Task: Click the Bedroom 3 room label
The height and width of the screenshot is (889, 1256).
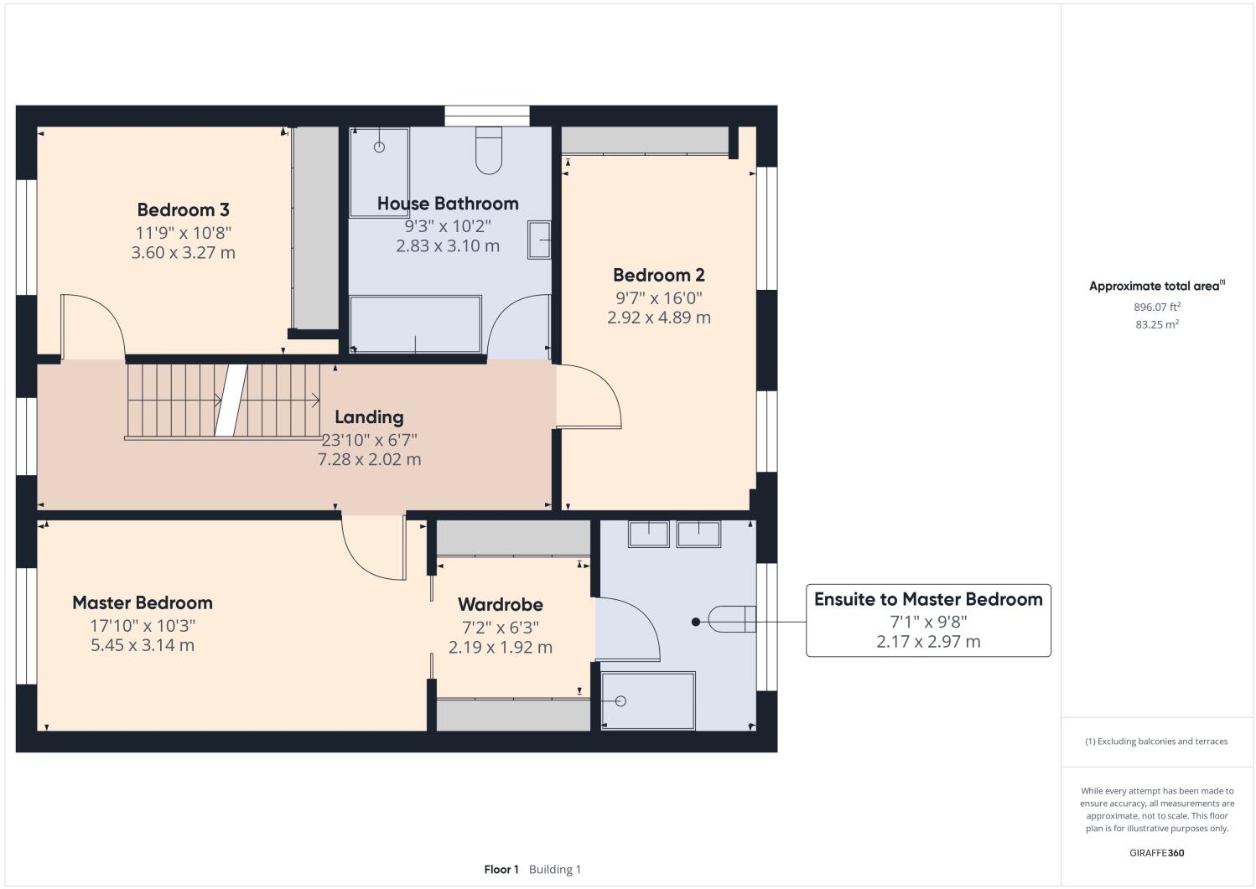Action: point(183,209)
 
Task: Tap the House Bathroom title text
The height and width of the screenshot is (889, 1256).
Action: point(448,203)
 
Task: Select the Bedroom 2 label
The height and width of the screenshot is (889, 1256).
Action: point(658,275)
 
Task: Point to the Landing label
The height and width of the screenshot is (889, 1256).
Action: point(369,416)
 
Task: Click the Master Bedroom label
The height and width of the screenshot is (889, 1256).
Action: point(142,602)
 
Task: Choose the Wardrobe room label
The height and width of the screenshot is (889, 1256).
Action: point(500,604)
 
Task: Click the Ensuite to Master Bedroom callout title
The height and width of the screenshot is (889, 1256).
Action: point(928,599)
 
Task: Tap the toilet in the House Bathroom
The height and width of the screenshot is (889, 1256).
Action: point(489,151)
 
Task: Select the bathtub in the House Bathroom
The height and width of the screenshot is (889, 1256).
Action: point(416,324)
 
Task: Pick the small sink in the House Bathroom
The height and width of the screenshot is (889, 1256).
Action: point(539,241)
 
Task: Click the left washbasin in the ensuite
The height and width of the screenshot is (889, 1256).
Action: point(648,534)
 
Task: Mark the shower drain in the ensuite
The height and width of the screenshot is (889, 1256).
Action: point(621,700)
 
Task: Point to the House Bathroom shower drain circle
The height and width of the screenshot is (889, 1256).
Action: point(379,147)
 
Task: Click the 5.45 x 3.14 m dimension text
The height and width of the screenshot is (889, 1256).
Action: point(142,645)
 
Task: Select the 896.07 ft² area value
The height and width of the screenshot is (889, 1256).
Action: point(1156,307)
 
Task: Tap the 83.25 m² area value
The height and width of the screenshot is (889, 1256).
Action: point(1156,324)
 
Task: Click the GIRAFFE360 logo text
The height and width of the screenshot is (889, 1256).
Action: point(1156,853)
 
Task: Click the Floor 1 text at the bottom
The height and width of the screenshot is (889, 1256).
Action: point(501,869)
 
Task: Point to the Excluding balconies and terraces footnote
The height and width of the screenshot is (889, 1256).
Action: point(1156,742)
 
